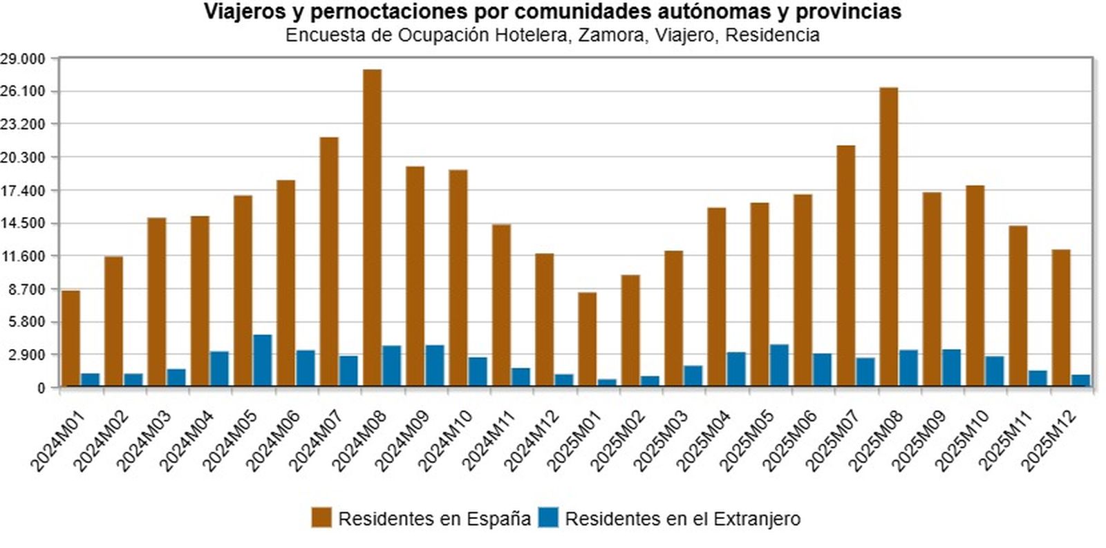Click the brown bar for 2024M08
click(372, 227)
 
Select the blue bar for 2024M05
click(263, 360)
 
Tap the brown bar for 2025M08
click(888, 236)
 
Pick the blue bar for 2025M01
click(607, 382)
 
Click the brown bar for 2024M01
click(71, 338)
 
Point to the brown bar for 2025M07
click(845, 265)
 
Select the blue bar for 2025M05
click(779, 365)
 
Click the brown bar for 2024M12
click(544, 319)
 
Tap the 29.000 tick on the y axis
click(22, 59)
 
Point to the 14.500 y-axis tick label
click(22, 224)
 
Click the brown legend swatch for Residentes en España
click(321, 518)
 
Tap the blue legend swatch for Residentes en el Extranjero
click(548, 518)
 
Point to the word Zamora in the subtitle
click(610, 35)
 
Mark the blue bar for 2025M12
click(1080, 380)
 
